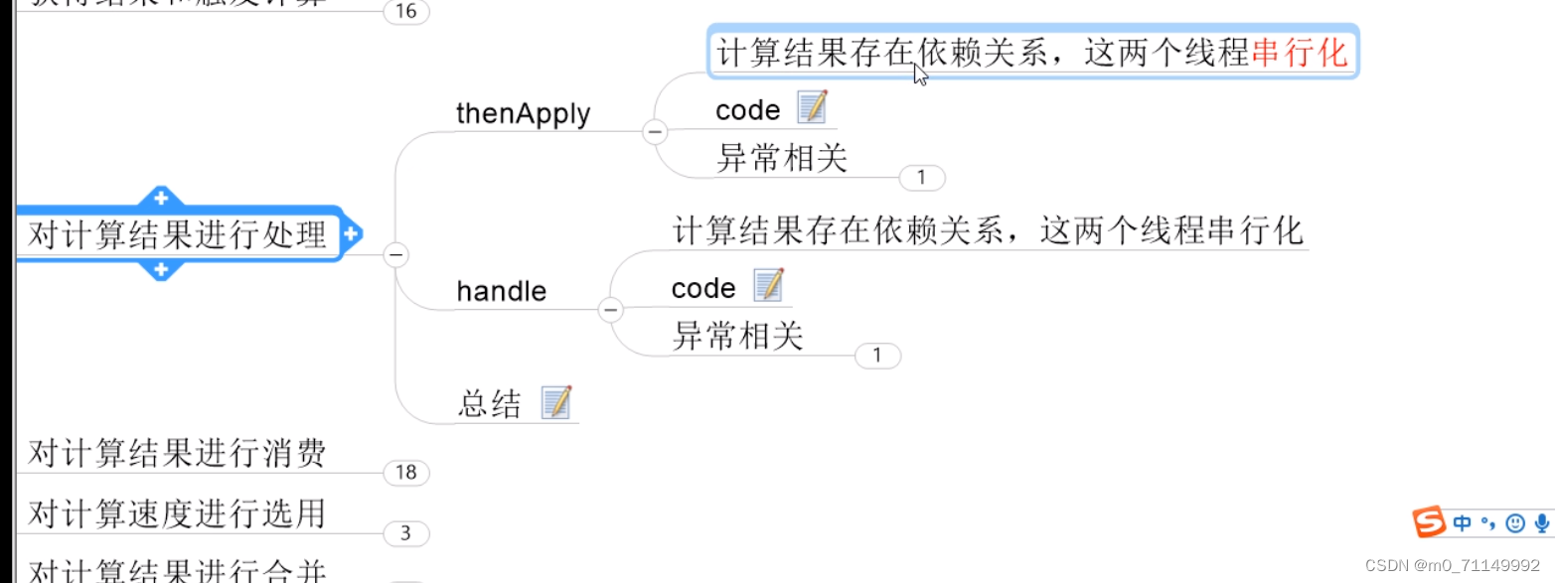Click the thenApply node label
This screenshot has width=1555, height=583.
pos(523,114)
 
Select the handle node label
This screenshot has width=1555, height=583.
pos(501,291)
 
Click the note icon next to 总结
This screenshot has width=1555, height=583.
pos(556,402)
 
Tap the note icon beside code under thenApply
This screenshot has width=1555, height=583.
pos(812,106)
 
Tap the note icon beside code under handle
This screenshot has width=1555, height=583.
pos(768,285)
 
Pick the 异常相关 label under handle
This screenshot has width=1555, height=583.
pos(737,336)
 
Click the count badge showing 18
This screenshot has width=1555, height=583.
pos(405,473)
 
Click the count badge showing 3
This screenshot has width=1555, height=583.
pos(405,533)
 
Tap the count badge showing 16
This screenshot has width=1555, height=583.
pos(405,12)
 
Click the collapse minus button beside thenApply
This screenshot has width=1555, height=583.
pos(654,131)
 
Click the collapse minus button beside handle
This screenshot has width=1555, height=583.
pos(610,310)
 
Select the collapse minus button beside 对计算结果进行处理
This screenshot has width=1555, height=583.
pos(395,255)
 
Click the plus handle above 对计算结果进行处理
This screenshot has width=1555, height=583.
pos(161,197)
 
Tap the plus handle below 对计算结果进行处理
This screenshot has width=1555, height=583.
pos(161,269)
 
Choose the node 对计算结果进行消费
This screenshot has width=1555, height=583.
pos(177,454)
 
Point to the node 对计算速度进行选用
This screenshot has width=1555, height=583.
pos(177,514)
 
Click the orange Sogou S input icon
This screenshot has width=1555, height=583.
pos(1430,521)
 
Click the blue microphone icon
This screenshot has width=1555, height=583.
pos(1542,522)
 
